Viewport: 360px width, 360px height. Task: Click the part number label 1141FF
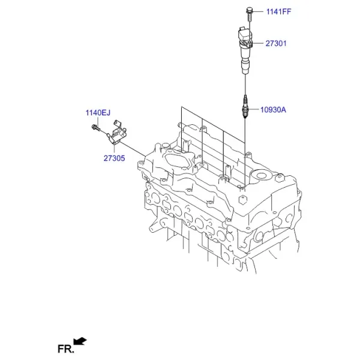[x=278, y=11]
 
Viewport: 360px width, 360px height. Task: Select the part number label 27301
[x=276, y=43]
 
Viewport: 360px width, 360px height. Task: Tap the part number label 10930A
[x=273, y=110]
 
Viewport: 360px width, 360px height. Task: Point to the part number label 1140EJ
[x=98, y=113]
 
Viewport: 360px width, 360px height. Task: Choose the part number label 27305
[x=114, y=158]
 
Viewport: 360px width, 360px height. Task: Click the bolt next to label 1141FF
[x=250, y=14]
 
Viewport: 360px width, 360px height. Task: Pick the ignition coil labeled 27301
[x=245, y=50]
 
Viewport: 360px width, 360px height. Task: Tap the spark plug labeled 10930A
[x=245, y=107]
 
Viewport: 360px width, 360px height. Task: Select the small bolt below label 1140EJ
[x=96, y=128]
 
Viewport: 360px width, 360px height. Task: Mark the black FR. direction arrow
[x=80, y=341]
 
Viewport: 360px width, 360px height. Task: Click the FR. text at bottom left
[x=66, y=349]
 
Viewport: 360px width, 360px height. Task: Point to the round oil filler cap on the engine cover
[x=261, y=176]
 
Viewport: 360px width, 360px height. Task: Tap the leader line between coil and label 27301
[x=258, y=43]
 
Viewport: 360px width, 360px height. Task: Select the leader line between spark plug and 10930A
[x=253, y=110]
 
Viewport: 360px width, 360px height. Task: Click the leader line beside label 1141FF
[x=258, y=11]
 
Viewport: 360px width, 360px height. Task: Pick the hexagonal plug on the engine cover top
[x=242, y=200]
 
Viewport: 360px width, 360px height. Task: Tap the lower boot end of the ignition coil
[x=245, y=67]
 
